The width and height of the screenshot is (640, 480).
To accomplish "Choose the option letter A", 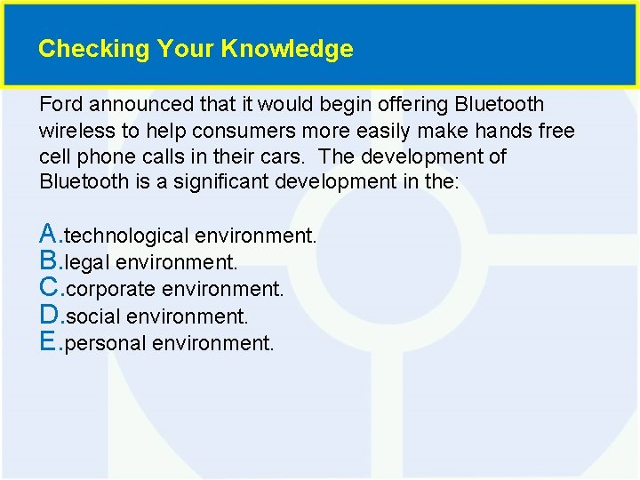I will coord(50,235).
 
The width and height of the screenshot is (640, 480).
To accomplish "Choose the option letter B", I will coord(50,261).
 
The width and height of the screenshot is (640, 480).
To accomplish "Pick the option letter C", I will coord(50,288).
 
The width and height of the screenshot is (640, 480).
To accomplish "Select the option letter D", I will coord(50,315).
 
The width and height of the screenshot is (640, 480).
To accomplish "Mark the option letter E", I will coord(50,341).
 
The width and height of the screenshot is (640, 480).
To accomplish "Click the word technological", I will coord(127,236).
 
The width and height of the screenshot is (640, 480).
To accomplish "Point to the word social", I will coord(93,316).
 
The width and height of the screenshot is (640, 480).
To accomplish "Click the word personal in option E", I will coord(106,343).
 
